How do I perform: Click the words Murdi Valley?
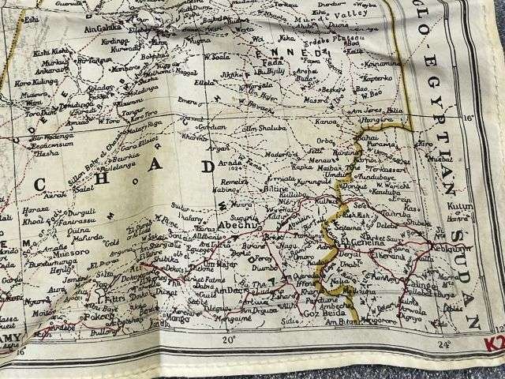[340, 11]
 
